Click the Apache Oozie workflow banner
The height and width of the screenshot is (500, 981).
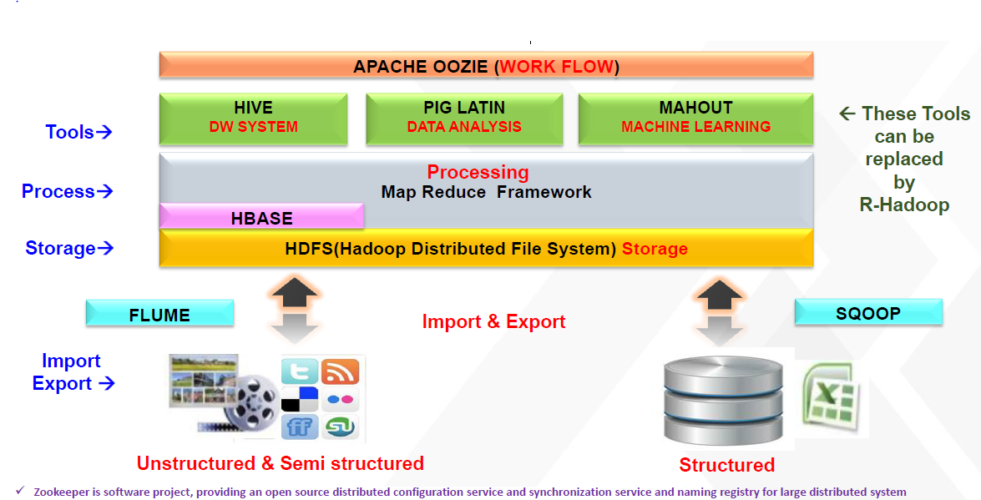(x=486, y=66)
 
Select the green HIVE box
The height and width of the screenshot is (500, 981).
(x=253, y=117)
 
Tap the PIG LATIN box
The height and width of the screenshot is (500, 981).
(x=464, y=117)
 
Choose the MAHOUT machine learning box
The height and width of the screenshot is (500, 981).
(x=695, y=117)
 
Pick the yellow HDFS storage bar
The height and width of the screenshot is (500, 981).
(x=486, y=249)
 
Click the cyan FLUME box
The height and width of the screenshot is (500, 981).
(x=159, y=315)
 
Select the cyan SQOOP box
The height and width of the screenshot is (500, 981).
(x=868, y=313)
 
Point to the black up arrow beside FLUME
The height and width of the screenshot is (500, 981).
(x=294, y=295)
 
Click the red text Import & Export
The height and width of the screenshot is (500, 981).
(x=493, y=321)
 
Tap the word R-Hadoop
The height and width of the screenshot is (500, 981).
(x=904, y=205)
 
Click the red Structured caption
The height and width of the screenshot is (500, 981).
(x=726, y=465)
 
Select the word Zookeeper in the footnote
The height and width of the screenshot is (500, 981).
(x=63, y=492)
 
